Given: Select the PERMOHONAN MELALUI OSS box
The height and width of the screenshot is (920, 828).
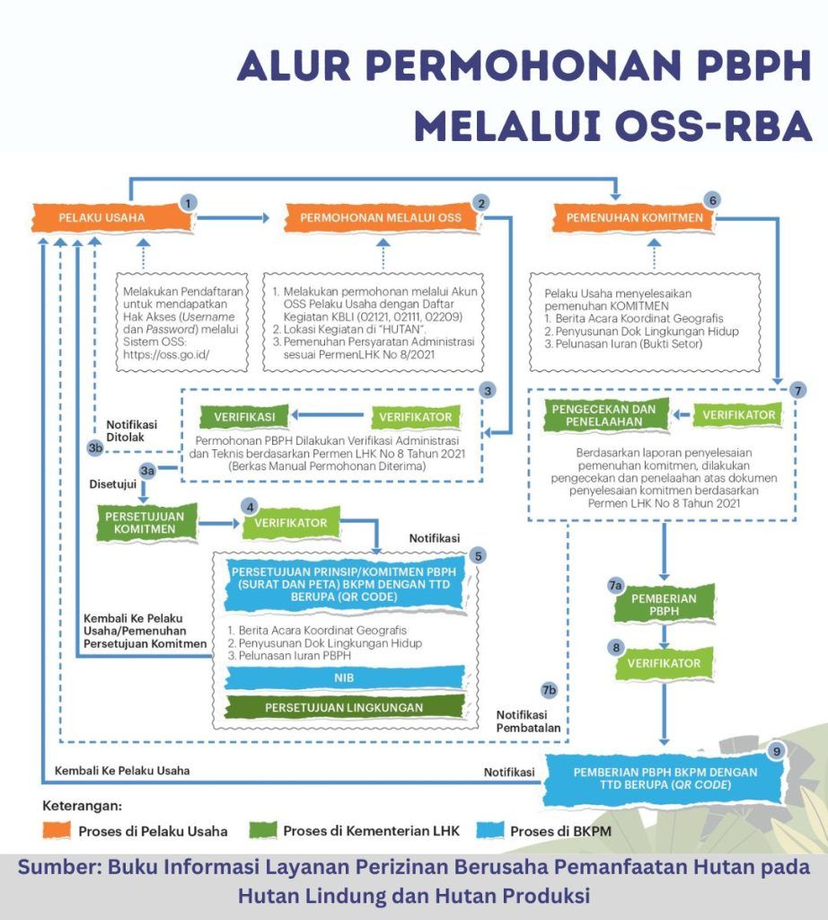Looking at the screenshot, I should point(381,217).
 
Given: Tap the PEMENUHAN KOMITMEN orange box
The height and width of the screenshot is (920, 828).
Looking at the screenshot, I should point(628,217).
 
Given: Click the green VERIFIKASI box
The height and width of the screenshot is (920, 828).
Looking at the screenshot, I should point(238,416).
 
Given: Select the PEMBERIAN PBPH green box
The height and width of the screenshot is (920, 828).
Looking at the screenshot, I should point(665,605).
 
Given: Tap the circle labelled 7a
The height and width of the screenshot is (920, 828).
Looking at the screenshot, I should point(615,585).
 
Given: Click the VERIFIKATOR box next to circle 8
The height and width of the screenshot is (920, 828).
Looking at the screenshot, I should point(665,663).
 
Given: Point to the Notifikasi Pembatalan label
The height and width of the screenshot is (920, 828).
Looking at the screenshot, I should point(529,720).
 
